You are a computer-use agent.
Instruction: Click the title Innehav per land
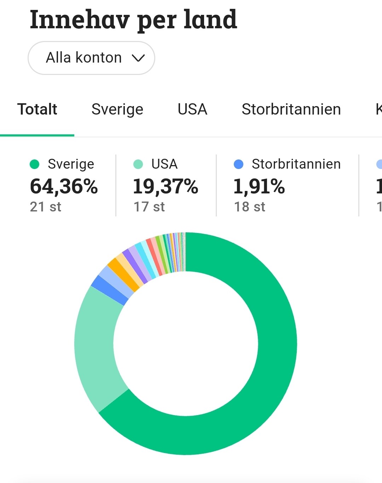point(133,20)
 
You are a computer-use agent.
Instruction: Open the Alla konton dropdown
point(91,58)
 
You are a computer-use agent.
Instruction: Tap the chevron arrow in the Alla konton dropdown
point(138,58)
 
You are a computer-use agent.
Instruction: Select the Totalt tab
point(37,109)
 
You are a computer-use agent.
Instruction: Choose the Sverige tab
point(117,109)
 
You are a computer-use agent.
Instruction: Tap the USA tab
point(192,109)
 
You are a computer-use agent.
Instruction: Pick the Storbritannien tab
point(291,109)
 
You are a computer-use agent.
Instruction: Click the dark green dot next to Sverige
point(35,164)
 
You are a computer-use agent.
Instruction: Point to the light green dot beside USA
point(138,164)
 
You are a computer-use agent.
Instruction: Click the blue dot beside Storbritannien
point(239,164)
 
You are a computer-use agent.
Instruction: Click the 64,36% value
point(64,186)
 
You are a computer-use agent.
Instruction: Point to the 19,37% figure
point(165,186)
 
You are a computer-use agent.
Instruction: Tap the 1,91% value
point(259,186)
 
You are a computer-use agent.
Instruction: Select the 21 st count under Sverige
point(46,207)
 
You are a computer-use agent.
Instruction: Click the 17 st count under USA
point(149,207)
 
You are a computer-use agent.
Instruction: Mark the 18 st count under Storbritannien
point(249,207)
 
